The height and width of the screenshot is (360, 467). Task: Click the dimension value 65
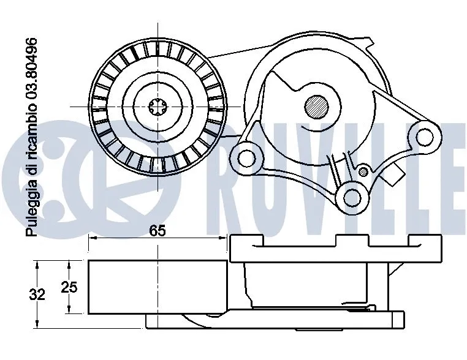click(158, 231)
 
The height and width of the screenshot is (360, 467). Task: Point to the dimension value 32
click(38, 294)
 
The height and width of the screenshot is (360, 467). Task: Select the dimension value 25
click(69, 287)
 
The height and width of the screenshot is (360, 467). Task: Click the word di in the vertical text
click(31, 160)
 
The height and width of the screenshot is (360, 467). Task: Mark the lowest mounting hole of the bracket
click(352, 197)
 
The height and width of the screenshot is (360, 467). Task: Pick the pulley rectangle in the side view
click(158, 287)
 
